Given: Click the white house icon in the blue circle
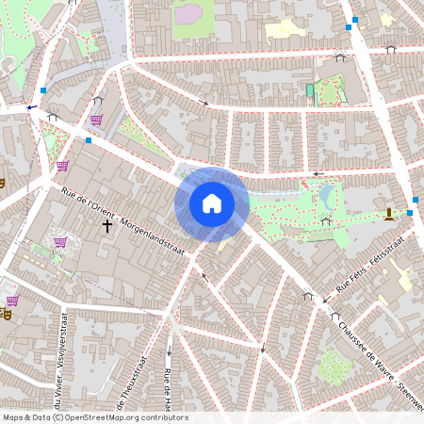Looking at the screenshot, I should pos(212,203).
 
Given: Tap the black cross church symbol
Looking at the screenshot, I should pos(106,225).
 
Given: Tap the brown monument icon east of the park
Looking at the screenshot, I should pos(388,214).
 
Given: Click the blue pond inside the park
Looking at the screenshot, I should pos(328,196).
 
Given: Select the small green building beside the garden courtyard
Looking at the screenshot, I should pos(310,91).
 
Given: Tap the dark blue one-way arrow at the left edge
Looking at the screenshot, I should pos(32,107).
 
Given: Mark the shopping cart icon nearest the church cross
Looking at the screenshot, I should pos(60,242).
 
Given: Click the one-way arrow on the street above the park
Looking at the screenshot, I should pos(318,173).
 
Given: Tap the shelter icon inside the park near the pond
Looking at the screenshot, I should pos(325,221).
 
